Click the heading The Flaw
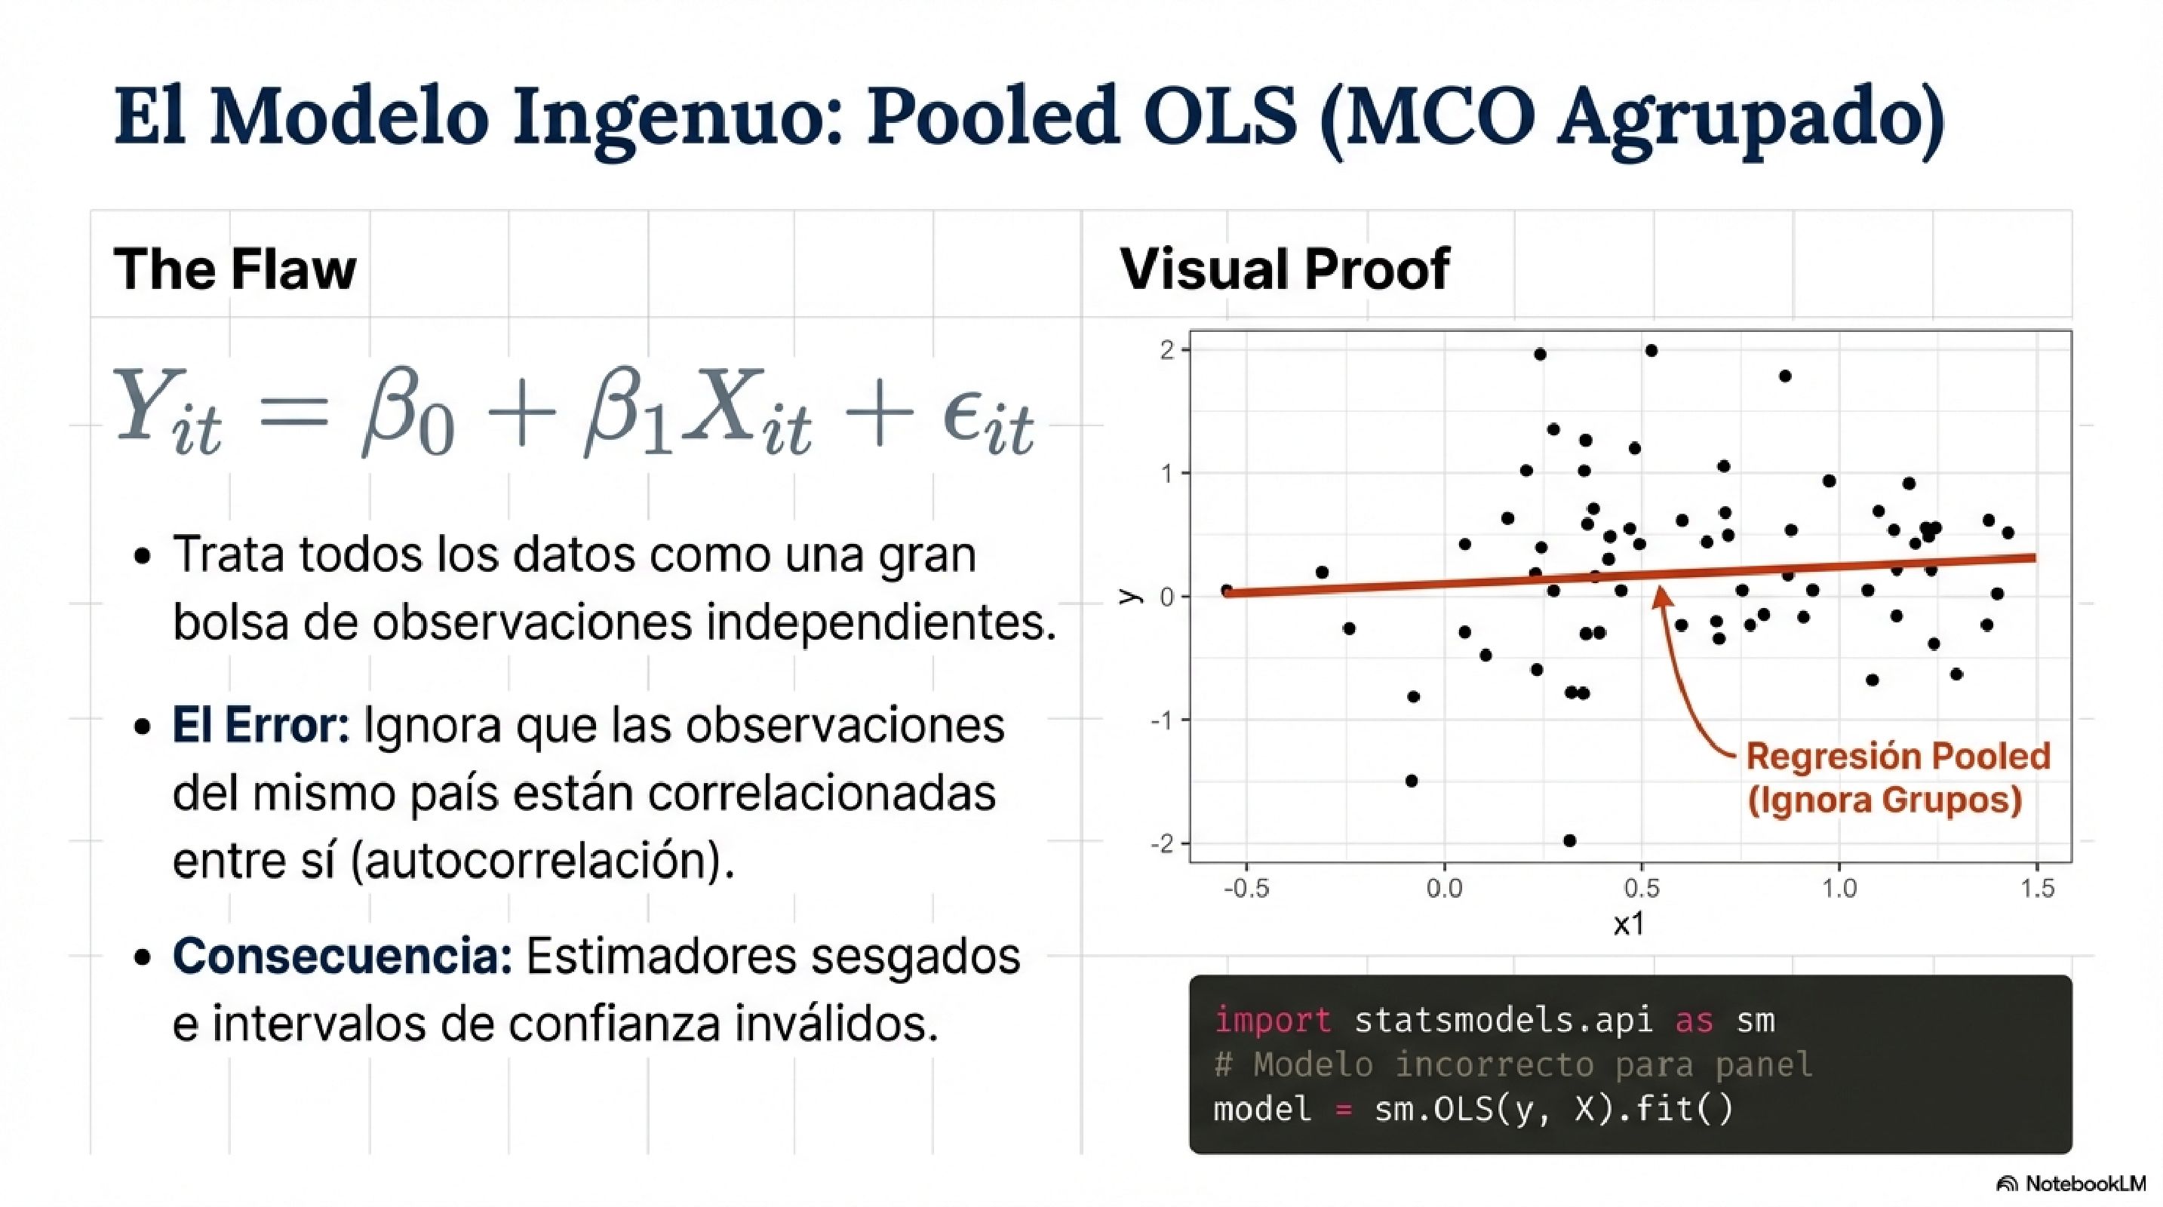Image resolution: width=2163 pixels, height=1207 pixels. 235,269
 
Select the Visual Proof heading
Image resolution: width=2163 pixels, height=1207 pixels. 1285,269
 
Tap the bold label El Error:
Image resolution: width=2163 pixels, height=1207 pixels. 260,725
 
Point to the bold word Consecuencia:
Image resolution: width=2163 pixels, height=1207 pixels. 343,956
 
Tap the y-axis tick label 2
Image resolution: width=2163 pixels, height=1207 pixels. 1167,350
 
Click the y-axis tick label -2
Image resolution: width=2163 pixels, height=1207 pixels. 1163,843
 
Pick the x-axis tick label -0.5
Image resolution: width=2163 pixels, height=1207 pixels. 1246,888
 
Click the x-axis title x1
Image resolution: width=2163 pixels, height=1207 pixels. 1628,924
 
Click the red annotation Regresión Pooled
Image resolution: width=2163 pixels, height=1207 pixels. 1897,757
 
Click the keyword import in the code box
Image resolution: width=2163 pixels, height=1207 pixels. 1272,1021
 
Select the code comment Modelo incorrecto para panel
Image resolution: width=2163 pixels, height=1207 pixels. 1532,1065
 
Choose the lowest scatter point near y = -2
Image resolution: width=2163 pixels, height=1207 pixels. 1569,840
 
